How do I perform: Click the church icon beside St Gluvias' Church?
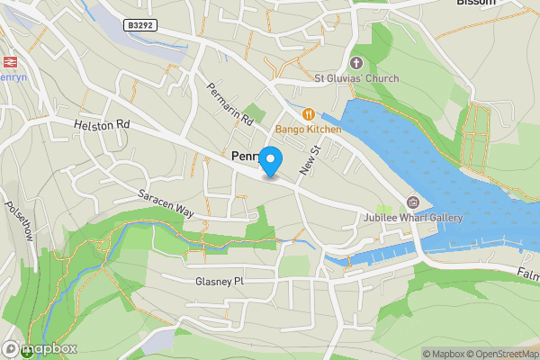click(x=355, y=62)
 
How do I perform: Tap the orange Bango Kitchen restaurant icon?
click(x=308, y=114)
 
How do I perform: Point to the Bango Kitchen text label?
click(x=308, y=130)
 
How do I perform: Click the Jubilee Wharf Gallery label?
click(x=413, y=218)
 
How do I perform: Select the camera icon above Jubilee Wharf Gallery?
click(x=413, y=202)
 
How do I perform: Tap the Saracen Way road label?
click(x=166, y=202)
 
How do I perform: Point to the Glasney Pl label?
click(x=220, y=281)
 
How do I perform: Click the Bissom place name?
click(x=476, y=4)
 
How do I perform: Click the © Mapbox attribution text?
click(x=442, y=354)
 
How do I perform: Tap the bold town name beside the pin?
click(x=245, y=156)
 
